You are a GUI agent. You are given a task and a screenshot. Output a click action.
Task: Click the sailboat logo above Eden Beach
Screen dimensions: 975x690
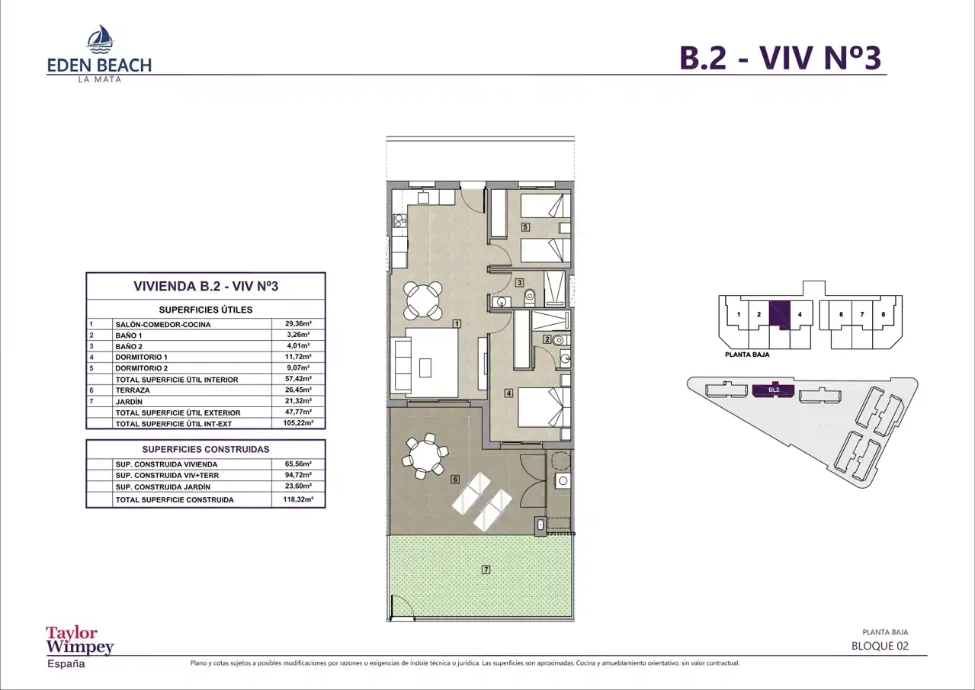(101, 39)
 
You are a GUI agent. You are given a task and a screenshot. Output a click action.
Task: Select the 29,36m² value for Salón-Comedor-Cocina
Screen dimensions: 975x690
(298, 323)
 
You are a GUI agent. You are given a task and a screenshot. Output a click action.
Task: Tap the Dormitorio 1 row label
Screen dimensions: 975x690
(142, 357)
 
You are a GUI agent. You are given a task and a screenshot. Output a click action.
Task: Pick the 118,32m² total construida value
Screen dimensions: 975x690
(298, 499)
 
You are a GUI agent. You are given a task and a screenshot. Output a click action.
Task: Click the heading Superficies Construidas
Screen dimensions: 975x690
(206, 449)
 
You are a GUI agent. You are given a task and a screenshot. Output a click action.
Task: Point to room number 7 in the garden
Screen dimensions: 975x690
(486, 570)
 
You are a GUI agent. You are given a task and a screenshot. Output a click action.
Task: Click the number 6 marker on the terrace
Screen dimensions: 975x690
(455, 480)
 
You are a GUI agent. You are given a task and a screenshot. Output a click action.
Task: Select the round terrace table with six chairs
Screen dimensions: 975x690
(425, 456)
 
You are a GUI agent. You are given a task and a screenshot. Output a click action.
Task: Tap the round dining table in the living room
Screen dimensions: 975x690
(422, 300)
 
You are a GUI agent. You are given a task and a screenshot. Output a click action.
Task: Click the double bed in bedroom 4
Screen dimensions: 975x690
(544, 408)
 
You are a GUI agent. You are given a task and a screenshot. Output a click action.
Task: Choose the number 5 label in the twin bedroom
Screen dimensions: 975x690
(525, 226)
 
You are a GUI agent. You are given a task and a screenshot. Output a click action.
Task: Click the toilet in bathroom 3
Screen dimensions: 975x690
(529, 297)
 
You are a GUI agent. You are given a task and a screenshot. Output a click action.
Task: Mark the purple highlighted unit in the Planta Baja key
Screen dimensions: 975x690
(779, 315)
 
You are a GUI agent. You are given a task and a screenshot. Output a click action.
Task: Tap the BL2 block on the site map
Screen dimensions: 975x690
(774, 390)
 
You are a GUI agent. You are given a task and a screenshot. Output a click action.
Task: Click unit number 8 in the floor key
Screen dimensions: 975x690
(884, 314)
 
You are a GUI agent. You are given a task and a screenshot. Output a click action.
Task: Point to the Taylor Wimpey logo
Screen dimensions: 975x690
(79, 647)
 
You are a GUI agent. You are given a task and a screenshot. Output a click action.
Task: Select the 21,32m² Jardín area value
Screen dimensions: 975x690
(298, 401)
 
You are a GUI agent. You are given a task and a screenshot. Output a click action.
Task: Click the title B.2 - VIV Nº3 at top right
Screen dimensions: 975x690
(781, 57)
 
